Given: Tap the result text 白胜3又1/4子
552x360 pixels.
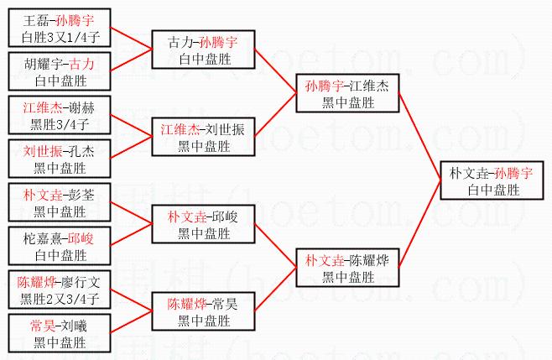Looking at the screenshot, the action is (60, 37).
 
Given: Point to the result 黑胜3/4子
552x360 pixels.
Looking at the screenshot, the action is (60, 124).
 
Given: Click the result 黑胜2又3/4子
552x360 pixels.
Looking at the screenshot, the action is (60, 299).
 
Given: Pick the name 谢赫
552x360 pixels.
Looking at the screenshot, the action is (81, 107).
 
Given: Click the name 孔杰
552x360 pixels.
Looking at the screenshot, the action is (81, 151).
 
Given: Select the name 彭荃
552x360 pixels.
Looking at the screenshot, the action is (81, 196).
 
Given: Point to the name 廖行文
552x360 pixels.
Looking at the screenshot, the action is (81, 283).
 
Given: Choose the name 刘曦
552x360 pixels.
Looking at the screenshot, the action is (75, 326).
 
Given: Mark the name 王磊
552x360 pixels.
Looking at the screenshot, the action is (36, 20).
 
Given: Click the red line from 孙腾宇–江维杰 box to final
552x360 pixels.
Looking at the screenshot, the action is (419, 136).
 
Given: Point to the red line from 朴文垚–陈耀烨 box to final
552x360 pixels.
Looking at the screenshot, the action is (419, 224).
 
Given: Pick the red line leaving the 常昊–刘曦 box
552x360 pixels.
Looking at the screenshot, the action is (132, 322).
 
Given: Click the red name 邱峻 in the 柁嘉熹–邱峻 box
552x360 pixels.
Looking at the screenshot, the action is (81, 239).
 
